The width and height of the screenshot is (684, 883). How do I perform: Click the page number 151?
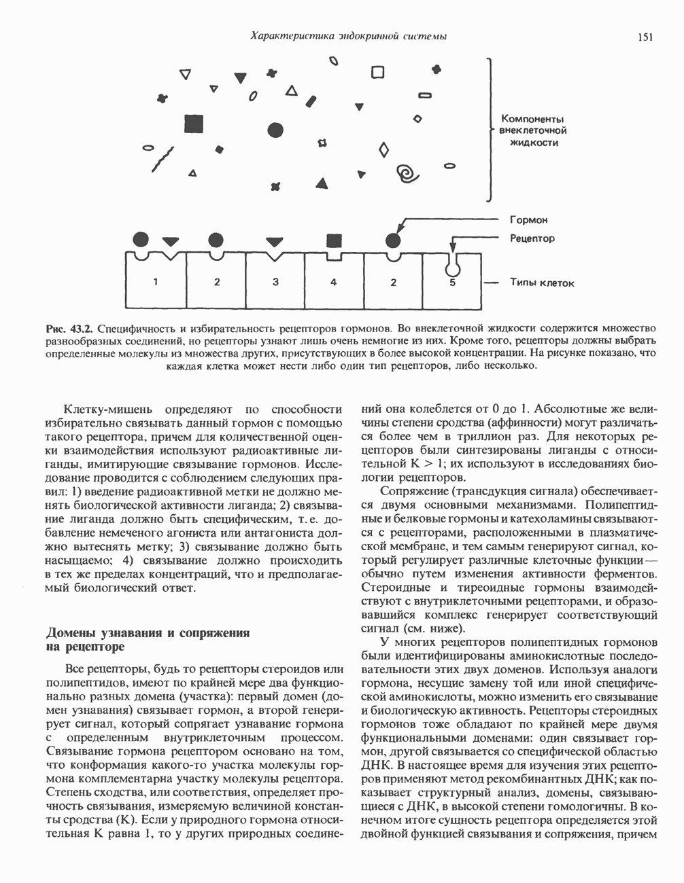[645, 37]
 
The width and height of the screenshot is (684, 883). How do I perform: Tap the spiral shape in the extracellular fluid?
[409, 173]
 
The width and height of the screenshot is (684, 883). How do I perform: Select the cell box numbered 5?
[452, 281]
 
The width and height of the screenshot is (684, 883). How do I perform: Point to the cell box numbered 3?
[275, 281]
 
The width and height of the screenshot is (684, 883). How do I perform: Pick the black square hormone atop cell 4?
[333, 240]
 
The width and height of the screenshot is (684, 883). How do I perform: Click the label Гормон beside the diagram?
[528, 220]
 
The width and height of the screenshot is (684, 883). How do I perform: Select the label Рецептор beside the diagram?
[532, 238]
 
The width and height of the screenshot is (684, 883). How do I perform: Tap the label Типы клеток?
[541, 283]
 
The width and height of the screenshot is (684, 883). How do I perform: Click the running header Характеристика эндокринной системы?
[348, 36]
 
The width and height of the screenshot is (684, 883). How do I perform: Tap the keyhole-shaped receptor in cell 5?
[451, 260]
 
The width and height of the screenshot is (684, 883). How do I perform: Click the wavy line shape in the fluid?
[163, 160]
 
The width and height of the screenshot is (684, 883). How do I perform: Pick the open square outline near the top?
[377, 72]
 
